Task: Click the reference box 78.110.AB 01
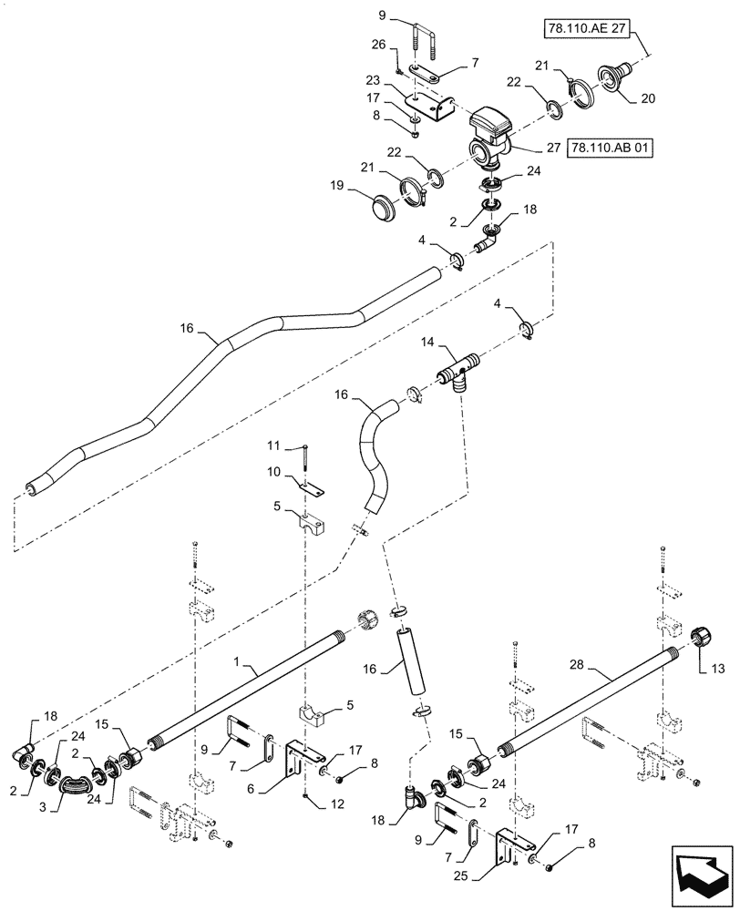pyautogui.click(x=611, y=147)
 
